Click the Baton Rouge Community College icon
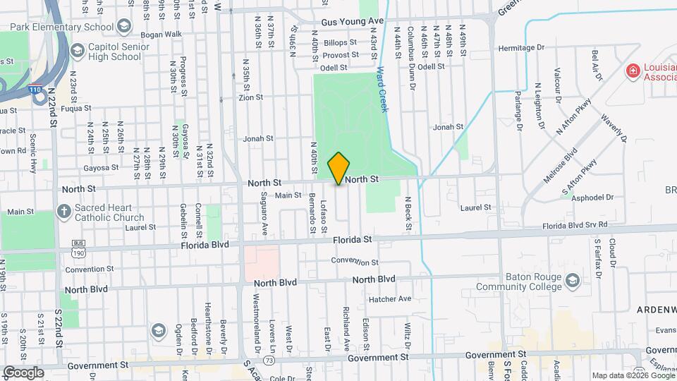[x=573, y=281]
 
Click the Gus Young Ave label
[x=352, y=23]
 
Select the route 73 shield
[x=269, y=361]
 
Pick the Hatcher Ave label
[x=389, y=298]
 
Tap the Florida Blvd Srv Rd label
[x=574, y=224]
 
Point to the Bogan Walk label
[x=161, y=34]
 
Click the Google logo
[x=23, y=372]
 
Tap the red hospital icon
[x=633, y=71]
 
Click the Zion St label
[x=250, y=97]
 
